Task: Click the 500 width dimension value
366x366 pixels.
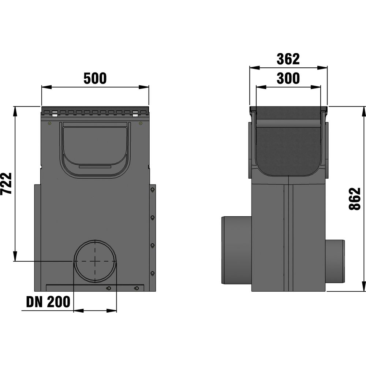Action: coord(95,78)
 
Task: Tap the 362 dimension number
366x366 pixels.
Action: coord(288,59)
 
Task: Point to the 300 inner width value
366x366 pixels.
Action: coord(288,78)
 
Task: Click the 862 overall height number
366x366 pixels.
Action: coord(354,199)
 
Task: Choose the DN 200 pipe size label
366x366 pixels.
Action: coord(48,302)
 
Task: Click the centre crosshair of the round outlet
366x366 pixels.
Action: coord(95,261)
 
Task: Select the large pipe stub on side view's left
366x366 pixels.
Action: coord(236,250)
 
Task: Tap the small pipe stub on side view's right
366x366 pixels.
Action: coord(335,261)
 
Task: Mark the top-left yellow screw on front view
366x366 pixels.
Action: coord(49,124)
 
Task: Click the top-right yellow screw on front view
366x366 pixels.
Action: coord(141,124)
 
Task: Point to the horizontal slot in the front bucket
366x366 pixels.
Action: coord(95,167)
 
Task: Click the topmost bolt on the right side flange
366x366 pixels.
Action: coord(152,190)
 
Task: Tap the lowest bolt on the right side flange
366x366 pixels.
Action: coord(152,273)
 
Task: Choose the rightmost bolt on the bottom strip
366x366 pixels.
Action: coord(136,288)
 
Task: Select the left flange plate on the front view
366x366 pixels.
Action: coord(37,238)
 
